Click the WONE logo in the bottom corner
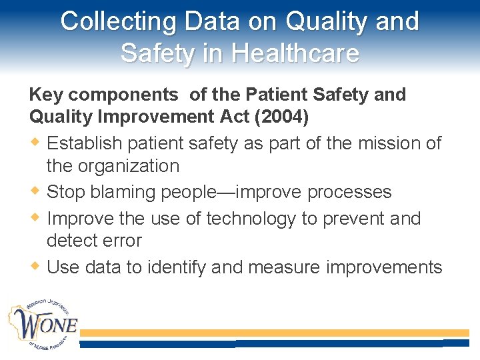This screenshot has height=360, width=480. tap(44, 326)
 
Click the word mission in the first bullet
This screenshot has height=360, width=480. tap(383, 143)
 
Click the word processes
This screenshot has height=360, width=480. tap(349, 193)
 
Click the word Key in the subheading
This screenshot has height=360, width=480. tap(43, 95)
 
